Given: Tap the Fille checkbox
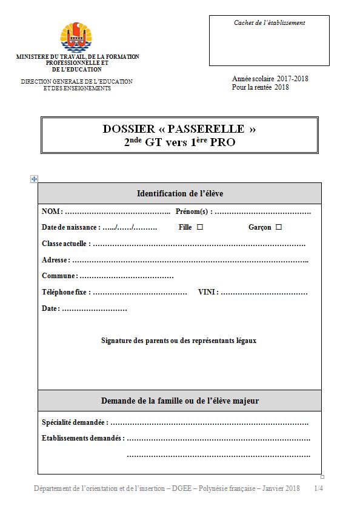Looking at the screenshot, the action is click(x=199, y=227).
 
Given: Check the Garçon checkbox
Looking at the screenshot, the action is click(x=279, y=227).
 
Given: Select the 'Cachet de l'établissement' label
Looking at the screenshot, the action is click(x=269, y=23).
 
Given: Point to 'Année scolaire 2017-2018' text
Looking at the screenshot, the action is click(x=270, y=79).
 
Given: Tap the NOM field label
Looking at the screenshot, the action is click(x=51, y=211).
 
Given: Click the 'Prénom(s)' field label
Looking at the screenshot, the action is click(x=192, y=211).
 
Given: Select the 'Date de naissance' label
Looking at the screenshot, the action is click(x=70, y=227).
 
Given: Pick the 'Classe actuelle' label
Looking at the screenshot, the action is click(x=65, y=244).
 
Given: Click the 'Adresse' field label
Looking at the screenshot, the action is click(x=55, y=260).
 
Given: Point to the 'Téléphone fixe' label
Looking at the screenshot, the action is click(x=65, y=292).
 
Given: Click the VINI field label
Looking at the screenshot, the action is click(x=207, y=292).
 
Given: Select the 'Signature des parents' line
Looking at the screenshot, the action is click(x=179, y=341).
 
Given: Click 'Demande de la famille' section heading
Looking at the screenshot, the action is click(x=180, y=401).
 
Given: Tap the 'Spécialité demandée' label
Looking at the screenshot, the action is click(x=75, y=422).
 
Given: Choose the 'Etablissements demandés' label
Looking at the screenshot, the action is click(x=82, y=438).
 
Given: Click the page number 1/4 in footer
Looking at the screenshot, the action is click(x=318, y=488).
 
